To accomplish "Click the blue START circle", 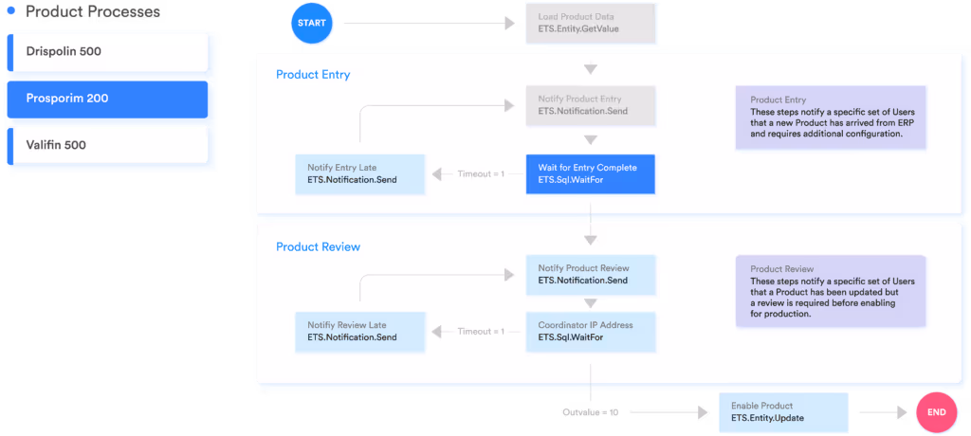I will pos(313,22).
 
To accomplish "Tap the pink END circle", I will pos(936,413).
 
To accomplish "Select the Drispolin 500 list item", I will pos(110,52).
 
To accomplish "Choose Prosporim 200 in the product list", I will pos(110,99).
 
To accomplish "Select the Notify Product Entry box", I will pos(590,105).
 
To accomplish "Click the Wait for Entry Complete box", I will pos(590,174).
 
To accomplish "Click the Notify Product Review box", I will pos(590,275).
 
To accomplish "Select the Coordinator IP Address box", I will pos(590,331).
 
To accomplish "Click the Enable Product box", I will pos(782,411).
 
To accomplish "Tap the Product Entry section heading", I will pos(313,75).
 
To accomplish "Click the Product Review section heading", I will pos(318,247).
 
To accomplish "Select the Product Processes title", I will pos(92,12).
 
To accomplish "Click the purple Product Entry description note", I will pos(831,118).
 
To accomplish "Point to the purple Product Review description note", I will pos(831,291).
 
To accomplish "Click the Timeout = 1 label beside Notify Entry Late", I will pos(481,174).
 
